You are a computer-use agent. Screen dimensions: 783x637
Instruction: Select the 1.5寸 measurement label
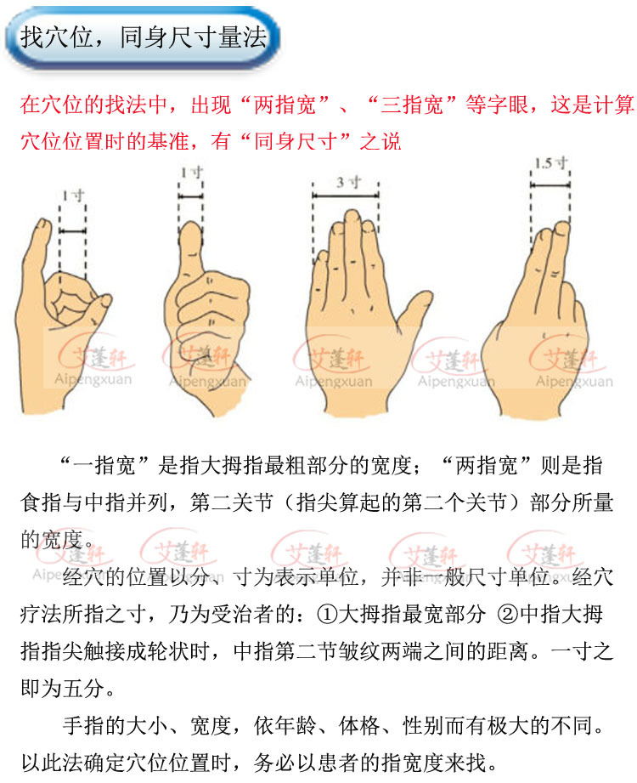point(550,162)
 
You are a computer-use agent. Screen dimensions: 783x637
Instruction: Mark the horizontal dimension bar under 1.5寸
point(550,177)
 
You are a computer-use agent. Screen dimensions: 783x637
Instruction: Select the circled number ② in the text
point(502,614)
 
